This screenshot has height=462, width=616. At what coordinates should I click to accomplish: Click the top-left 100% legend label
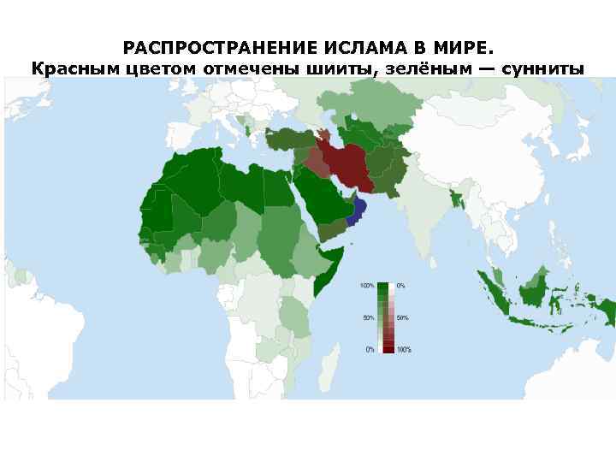pos(367,285)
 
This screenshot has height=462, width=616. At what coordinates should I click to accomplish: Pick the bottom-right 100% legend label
pos(404,349)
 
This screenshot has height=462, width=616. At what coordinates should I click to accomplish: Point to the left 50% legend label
pos(369,317)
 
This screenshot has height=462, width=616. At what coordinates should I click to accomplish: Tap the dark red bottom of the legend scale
pos(388,348)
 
